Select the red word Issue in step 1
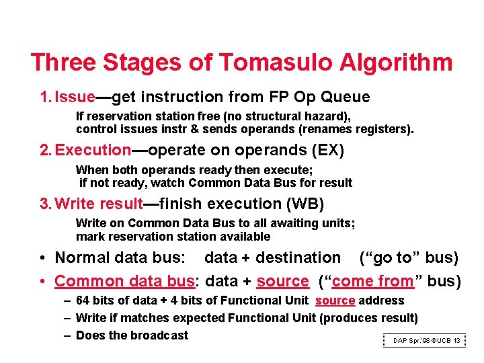coord(75,97)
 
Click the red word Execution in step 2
coord(93,150)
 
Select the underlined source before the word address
coord(335,300)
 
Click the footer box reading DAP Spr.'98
coord(425,341)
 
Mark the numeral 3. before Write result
coord(45,203)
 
